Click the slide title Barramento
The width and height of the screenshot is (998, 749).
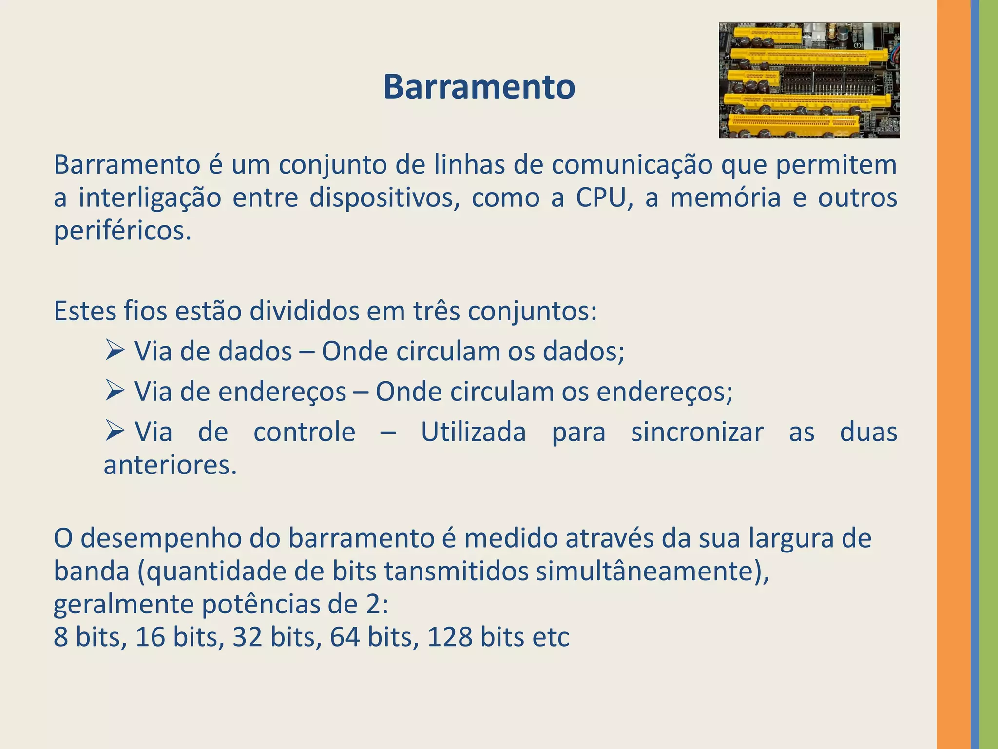(479, 87)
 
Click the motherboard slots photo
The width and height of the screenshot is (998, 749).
(809, 80)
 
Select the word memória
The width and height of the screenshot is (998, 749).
(725, 197)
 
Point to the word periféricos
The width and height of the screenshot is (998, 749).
(122, 231)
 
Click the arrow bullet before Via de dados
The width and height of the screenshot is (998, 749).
(115, 351)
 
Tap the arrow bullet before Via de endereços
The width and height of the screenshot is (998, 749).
(115, 391)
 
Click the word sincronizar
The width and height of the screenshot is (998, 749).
(697, 432)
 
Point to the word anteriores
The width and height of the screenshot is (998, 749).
(170, 465)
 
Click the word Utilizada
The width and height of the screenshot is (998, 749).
(473, 432)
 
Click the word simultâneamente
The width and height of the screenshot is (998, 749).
(652, 572)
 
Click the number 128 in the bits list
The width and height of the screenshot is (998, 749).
(450, 637)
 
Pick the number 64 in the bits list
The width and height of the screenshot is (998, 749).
(345, 637)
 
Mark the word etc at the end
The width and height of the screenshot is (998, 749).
(551, 637)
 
